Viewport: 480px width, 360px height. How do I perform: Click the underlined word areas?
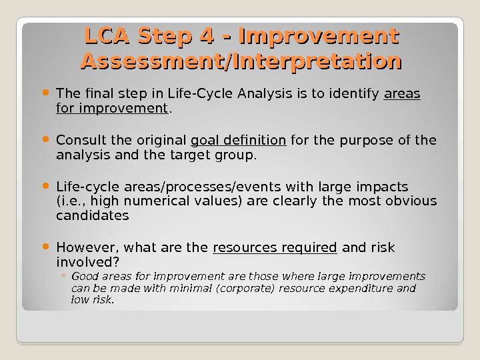(403, 94)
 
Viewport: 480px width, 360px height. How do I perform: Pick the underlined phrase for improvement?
(112, 108)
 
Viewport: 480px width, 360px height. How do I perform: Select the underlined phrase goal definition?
(239, 140)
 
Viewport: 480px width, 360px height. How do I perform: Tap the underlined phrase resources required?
(275, 248)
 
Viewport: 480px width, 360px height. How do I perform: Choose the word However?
(84, 248)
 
